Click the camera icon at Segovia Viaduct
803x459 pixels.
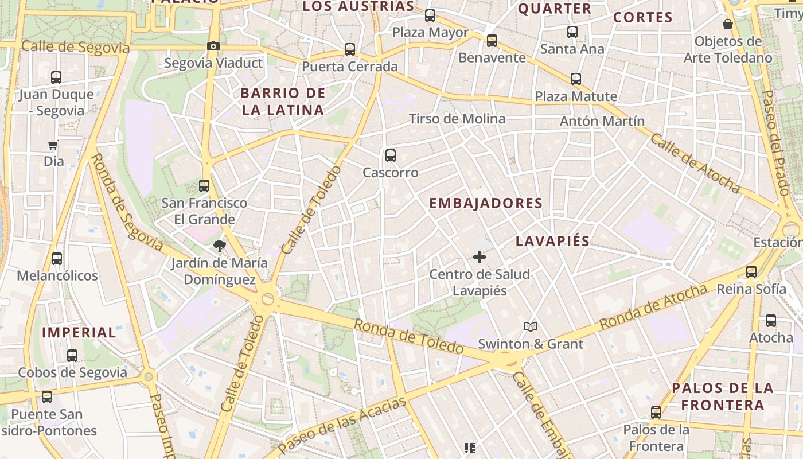[x=213, y=46]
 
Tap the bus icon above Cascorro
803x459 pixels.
[x=391, y=155]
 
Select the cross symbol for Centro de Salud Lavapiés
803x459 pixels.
[x=480, y=257]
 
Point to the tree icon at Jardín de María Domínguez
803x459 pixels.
[x=219, y=247]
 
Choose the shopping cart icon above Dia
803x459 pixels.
[x=53, y=145]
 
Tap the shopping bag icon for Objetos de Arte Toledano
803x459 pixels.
[x=727, y=24]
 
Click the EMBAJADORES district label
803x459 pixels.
[x=486, y=203]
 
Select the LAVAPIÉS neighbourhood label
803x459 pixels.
[x=552, y=241]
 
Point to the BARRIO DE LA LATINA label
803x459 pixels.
[x=283, y=102]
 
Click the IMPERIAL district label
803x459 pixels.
[x=79, y=332]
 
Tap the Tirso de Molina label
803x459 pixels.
[x=457, y=119]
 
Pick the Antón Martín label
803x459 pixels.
[x=602, y=121]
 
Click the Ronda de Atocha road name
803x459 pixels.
[x=653, y=308]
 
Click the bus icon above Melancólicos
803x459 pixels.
[x=57, y=259]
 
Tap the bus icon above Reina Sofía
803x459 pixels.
[x=751, y=272]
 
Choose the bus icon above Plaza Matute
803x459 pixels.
[x=576, y=79]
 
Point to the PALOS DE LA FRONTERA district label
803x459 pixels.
[x=723, y=396]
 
